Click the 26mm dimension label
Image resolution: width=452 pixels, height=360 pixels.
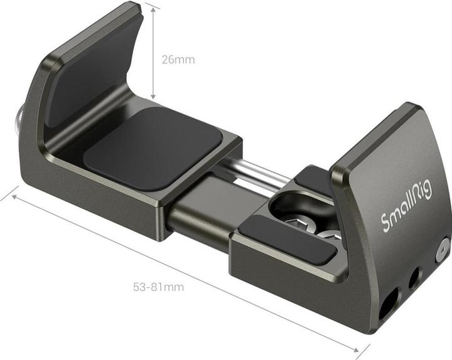tap(178, 60)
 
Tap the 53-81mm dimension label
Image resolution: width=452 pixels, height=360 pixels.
tap(158, 287)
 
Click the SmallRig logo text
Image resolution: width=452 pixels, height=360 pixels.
tap(407, 206)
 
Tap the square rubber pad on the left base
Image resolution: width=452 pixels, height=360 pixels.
tap(153, 147)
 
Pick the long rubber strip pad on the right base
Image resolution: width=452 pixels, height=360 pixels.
tap(286, 238)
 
